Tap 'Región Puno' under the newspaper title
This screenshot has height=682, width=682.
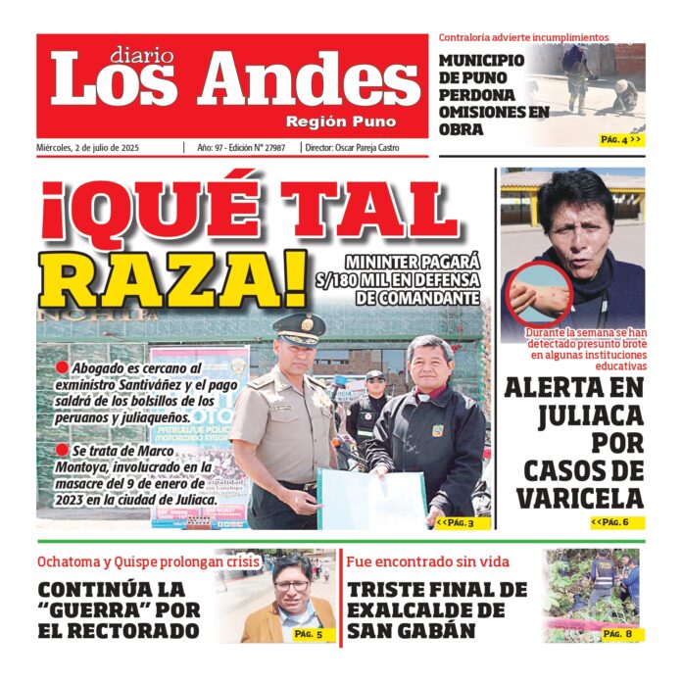[340, 122]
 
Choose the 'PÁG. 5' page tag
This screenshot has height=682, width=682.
[314, 634]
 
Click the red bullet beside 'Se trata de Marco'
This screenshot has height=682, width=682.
[62, 452]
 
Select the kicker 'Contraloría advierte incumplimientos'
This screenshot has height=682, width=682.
[523, 38]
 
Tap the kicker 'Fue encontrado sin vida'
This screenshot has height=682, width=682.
[427, 562]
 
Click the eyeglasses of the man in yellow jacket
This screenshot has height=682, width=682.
[291, 585]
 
